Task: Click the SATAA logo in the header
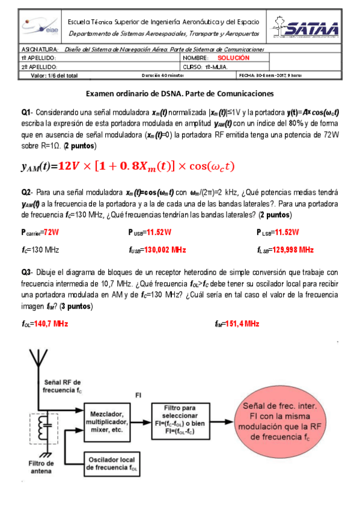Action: pos(307,28)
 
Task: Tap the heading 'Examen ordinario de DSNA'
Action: pos(180,94)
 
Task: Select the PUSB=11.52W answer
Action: pos(150,232)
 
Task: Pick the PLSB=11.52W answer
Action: pos(278,232)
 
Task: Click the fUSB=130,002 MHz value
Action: pos(157,249)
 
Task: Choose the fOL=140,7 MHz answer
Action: pos(44,324)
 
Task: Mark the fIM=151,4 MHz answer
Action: pos(237,324)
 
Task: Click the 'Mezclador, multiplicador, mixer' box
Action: pos(106,422)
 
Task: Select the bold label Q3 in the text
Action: pos(26,272)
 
